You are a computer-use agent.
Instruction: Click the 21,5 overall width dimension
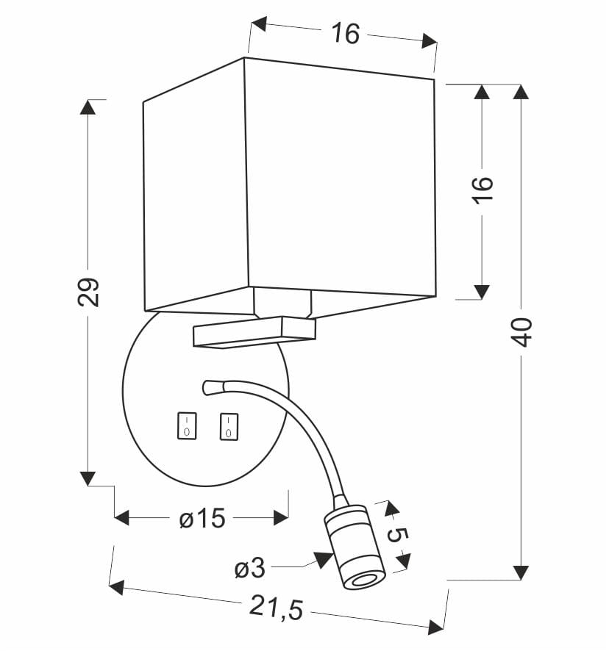point(277,607)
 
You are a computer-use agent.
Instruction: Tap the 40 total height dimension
point(521,332)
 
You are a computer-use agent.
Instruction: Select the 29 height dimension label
point(88,292)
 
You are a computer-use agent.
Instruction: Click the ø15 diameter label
point(202,519)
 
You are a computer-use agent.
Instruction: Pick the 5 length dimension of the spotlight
point(396,535)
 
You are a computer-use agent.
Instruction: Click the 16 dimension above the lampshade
point(344,33)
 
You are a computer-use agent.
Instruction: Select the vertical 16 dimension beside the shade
point(482,193)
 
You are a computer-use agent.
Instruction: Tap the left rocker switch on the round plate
point(187,426)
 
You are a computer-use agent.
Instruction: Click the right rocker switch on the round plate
point(229,426)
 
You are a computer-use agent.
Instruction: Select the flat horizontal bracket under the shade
point(254,331)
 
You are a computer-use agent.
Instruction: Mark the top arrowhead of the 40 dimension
point(521,93)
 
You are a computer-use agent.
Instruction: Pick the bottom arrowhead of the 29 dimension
point(88,478)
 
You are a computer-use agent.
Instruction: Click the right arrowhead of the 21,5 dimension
point(436,627)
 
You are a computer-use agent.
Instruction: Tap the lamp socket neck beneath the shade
point(282,302)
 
